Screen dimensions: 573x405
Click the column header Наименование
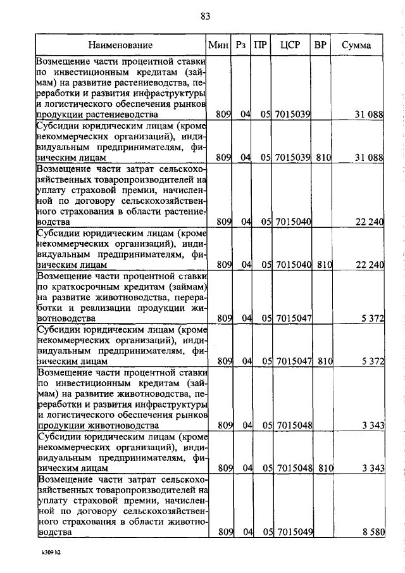click(x=121, y=45)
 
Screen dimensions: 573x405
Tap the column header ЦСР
click(x=289, y=45)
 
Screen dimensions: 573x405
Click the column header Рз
click(x=240, y=45)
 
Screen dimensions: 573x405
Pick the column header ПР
click(x=259, y=45)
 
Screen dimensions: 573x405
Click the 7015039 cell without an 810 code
click(x=292, y=114)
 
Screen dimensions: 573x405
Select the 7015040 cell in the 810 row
click(x=292, y=264)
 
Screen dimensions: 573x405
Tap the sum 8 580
click(x=373, y=532)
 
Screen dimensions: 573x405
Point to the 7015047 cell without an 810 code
click(x=292, y=318)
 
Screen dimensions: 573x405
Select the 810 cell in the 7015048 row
click(x=325, y=469)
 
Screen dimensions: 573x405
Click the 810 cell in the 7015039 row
click(x=325, y=157)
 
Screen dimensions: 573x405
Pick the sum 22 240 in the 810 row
click(x=370, y=264)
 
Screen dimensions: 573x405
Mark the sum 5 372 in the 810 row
click(x=373, y=362)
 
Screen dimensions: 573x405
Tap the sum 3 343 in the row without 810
click(x=373, y=425)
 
